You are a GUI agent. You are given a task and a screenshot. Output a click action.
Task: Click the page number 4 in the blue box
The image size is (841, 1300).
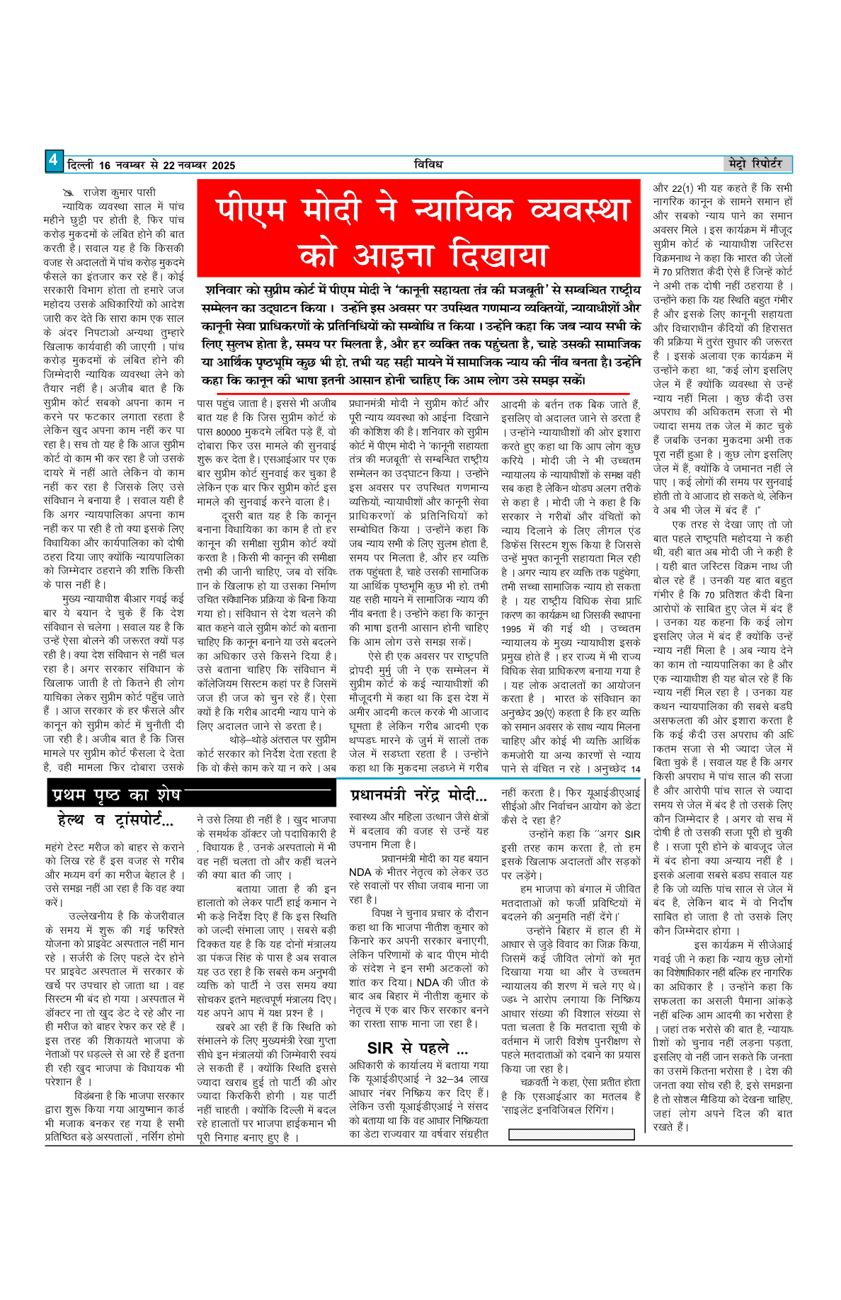pyautogui.click(x=54, y=161)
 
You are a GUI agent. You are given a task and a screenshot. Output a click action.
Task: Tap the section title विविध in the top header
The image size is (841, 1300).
pyautogui.click(x=428, y=165)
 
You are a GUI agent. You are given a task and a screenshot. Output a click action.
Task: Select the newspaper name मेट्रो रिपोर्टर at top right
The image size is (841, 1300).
pyautogui.click(x=755, y=164)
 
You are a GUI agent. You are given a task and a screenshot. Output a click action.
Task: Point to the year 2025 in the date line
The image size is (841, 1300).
pyautogui.click(x=223, y=166)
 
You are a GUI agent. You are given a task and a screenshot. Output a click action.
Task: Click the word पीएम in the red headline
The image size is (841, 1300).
pyautogui.click(x=251, y=210)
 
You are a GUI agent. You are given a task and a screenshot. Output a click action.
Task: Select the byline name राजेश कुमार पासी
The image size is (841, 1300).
pyautogui.click(x=119, y=193)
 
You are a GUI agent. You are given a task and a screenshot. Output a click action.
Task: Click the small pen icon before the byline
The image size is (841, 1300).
pyautogui.click(x=69, y=193)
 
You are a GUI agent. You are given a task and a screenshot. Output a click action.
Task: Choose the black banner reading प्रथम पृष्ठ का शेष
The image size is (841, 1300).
pyautogui.click(x=117, y=795)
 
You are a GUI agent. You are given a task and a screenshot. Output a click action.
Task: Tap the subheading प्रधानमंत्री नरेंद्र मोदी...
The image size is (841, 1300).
pyautogui.click(x=418, y=794)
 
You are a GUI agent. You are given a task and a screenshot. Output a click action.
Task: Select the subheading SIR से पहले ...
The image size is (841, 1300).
pyautogui.click(x=417, y=1049)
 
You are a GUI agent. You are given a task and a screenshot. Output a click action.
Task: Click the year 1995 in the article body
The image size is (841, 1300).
pyautogui.click(x=510, y=629)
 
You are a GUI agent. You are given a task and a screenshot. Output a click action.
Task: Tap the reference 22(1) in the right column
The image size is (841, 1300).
pyautogui.click(x=682, y=188)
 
